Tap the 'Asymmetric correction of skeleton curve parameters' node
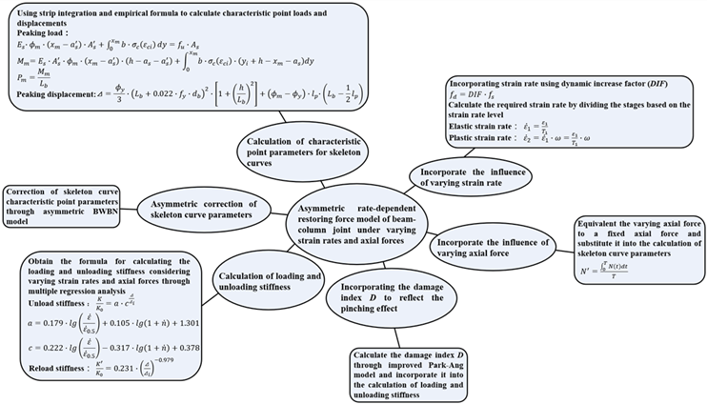[197, 211]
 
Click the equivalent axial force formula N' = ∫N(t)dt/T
[619, 283]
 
